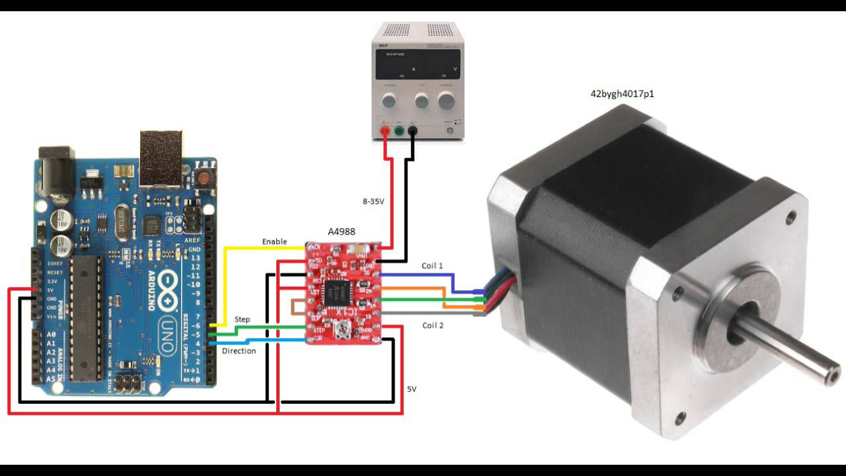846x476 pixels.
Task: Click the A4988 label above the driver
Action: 342,232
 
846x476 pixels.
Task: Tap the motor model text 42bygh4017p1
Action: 622,94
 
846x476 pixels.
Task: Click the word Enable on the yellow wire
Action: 274,242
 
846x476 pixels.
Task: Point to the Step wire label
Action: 243,319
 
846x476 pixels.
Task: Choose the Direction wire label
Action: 239,350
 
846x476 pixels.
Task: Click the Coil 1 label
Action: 432,266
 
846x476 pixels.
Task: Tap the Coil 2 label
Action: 432,325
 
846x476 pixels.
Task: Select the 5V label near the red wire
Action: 412,389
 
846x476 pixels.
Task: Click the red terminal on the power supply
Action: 385,131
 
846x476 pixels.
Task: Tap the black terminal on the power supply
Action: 412,131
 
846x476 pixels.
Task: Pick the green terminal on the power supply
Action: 399,131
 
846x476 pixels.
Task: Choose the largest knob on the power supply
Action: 447,100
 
